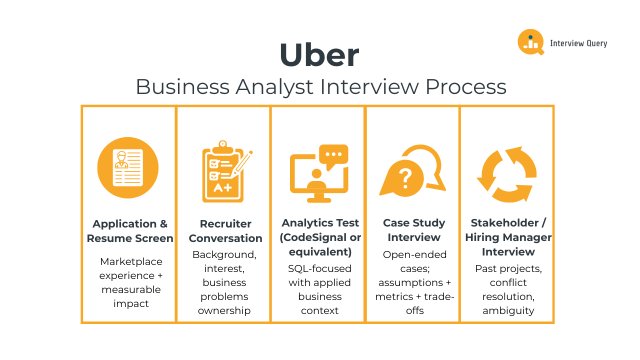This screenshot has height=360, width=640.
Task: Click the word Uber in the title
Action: [x=319, y=55]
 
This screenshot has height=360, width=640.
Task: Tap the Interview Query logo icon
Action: [x=530, y=42]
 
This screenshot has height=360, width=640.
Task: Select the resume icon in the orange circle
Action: [x=128, y=167]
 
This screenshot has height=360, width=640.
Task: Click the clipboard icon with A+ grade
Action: [x=223, y=172]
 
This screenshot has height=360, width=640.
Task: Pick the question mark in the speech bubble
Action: [x=405, y=177]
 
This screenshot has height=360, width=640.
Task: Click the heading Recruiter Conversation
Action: [x=225, y=231]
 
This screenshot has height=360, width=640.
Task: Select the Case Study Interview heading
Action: [x=414, y=230]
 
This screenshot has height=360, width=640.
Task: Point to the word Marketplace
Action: [x=131, y=261]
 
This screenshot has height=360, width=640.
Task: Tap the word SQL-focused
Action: [x=320, y=268]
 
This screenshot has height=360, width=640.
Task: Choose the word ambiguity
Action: [x=508, y=310]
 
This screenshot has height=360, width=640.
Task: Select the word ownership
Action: [x=224, y=310]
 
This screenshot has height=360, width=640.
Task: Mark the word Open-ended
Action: [x=414, y=254]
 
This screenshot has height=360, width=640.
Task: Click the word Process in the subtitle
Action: [x=466, y=86]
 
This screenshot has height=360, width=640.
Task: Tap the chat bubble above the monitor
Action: [x=333, y=155]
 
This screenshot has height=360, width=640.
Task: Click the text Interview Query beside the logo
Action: [x=578, y=43]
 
